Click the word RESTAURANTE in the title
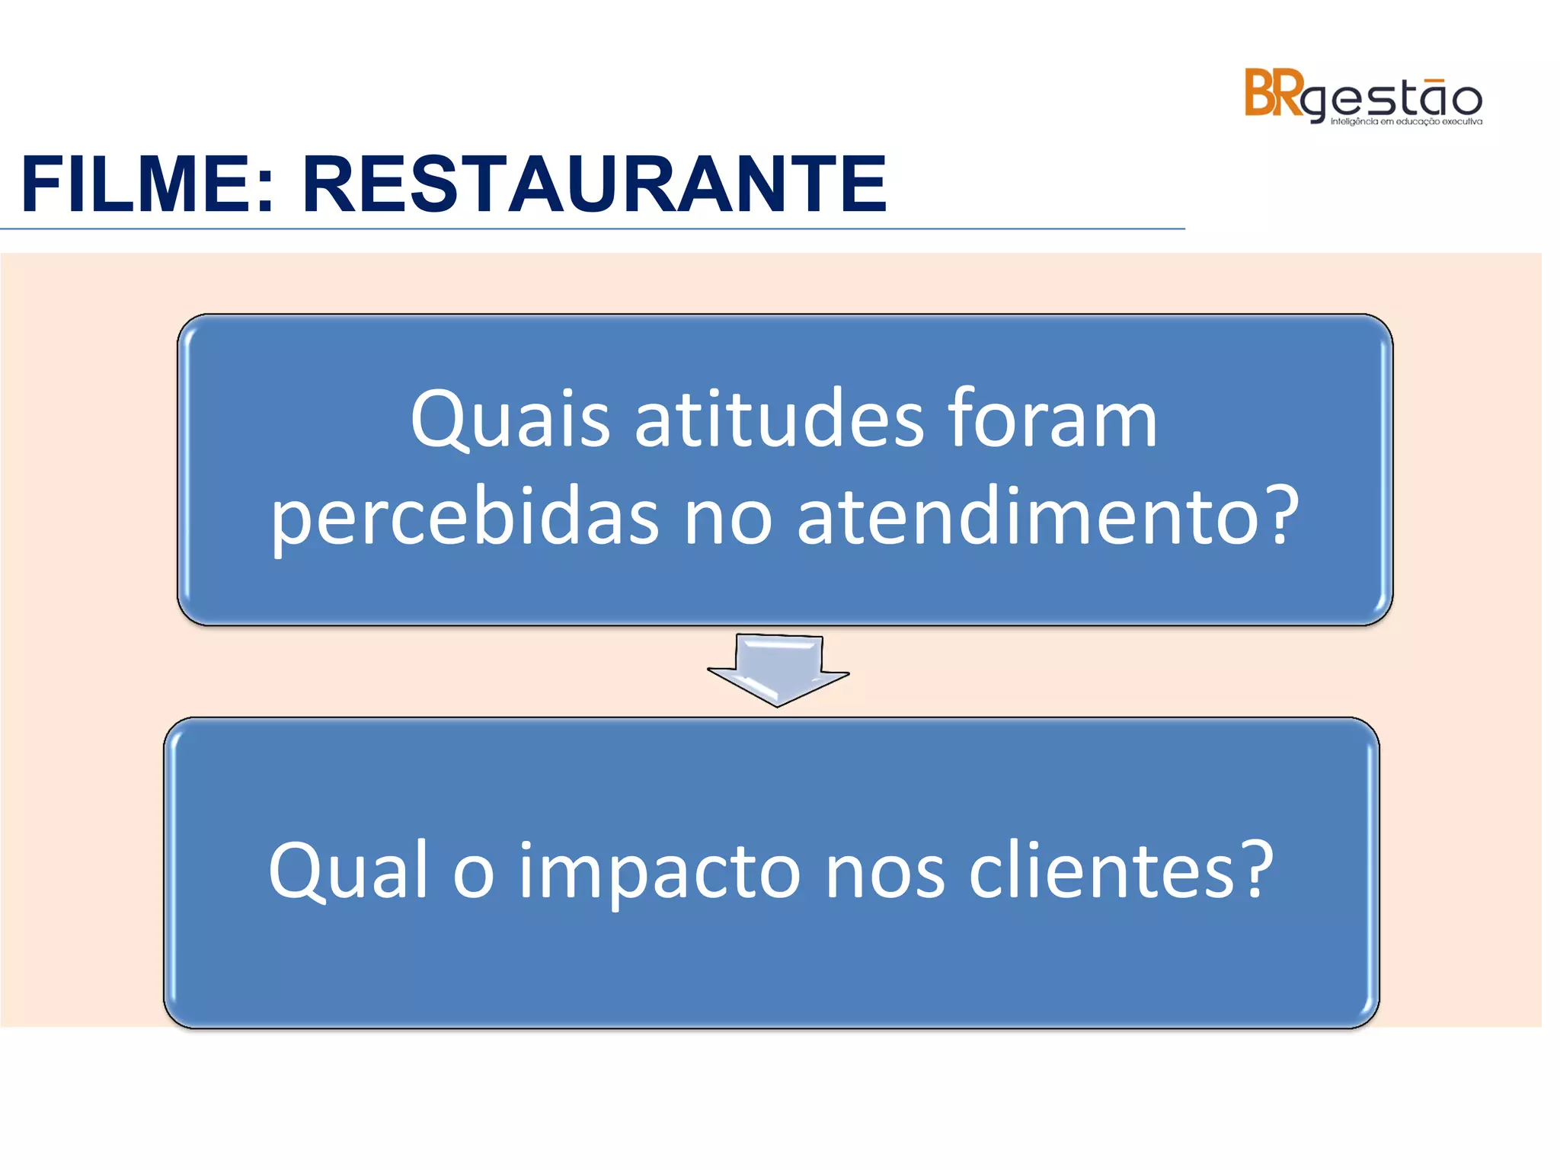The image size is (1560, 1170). [x=594, y=185]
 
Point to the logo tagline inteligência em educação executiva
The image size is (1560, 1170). [x=1406, y=122]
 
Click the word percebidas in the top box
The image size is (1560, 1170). [x=465, y=518]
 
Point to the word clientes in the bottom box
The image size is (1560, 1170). [x=1101, y=870]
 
